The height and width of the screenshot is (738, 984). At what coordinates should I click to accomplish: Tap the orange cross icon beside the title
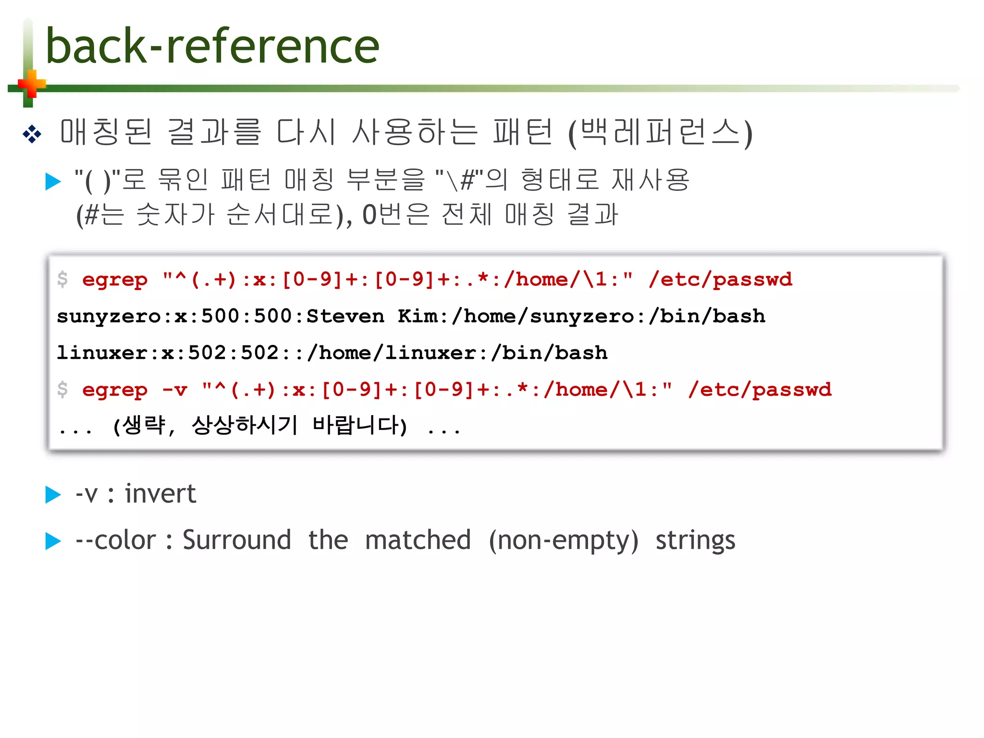[x=32, y=85]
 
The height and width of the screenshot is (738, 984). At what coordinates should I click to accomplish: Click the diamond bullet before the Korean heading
[x=32, y=134]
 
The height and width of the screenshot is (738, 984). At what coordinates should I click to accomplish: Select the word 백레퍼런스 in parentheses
[x=660, y=132]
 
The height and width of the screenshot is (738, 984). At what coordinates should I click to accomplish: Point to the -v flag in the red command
[x=174, y=389]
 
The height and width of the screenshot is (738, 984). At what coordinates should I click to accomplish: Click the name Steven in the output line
[x=345, y=316]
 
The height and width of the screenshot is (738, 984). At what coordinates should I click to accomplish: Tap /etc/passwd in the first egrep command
[x=720, y=280]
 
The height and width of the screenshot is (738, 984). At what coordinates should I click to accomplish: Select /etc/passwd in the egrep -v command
[x=760, y=389]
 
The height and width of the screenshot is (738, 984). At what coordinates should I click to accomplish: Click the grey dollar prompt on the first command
[x=62, y=280]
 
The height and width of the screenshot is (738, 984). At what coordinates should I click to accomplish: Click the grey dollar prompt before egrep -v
[x=62, y=389]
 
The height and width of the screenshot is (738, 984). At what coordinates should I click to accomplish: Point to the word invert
[x=160, y=493]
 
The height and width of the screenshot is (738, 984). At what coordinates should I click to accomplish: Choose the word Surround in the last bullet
[x=237, y=540]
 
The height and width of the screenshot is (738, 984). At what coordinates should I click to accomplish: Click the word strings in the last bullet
[x=695, y=540]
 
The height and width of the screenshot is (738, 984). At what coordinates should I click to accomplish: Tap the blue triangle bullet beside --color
[x=53, y=541]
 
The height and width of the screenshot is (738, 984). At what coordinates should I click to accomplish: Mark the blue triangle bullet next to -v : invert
[x=53, y=495]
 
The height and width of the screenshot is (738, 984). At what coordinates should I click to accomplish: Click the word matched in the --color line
[x=418, y=540]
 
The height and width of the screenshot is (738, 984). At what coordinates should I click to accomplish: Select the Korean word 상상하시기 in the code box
[x=245, y=425]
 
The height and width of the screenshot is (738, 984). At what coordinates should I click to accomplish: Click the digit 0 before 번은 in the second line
[x=369, y=215]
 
